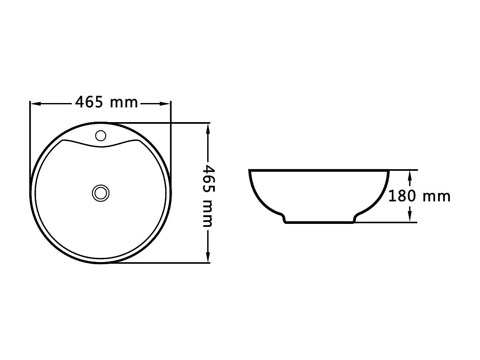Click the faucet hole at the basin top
pyautogui.click(x=100, y=136)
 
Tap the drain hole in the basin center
pyautogui.click(x=100, y=193)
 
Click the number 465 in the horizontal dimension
pyautogui.click(x=89, y=102)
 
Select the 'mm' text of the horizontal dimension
pyautogui.click(x=124, y=103)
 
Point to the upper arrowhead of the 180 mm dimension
pyautogui.click(x=410, y=174)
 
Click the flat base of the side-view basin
pyautogui.click(x=319, y=222)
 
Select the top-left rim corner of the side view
pyautogui.click(x=250, y=171)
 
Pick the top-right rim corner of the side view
pyautogui.click(x=388, y=171)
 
